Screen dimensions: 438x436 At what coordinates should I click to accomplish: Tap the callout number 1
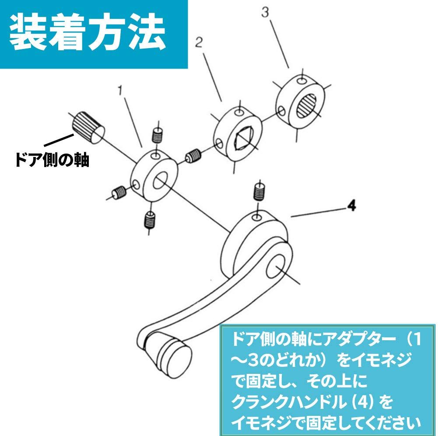[120, 91]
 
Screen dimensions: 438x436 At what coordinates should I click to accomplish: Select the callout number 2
[199, 43]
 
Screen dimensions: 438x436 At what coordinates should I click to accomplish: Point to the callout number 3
[265, 12]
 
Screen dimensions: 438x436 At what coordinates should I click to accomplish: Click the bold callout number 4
[352, 206]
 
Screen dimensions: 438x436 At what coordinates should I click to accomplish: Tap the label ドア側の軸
[52, 160]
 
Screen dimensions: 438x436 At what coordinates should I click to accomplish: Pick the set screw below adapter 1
[150, 219]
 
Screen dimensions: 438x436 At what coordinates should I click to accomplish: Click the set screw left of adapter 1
[119, 192]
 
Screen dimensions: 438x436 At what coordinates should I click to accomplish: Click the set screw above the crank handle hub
[259, 192]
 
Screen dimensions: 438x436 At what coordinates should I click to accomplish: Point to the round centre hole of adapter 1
[160, 181]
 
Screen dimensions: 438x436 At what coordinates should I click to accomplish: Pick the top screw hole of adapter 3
[301, 80]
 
